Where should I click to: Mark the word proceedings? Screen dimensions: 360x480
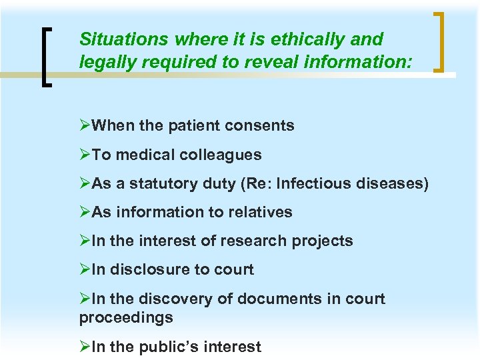pyautogui.click(x=126, y=317)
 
